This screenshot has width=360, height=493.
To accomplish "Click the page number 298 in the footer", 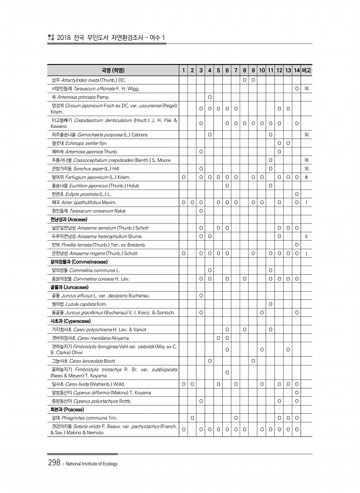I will (54, 462).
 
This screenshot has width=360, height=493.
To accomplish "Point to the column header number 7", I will (235, 71).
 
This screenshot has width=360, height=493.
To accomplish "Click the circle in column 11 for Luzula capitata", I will (270, 304).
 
